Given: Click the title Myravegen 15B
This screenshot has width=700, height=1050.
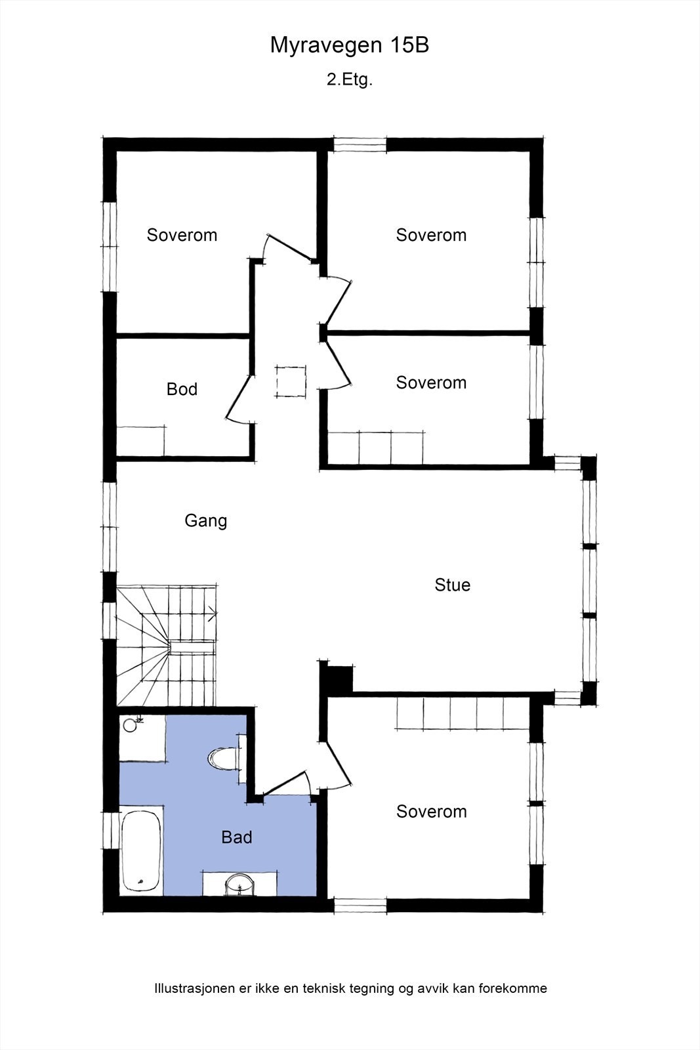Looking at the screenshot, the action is coord(350,45).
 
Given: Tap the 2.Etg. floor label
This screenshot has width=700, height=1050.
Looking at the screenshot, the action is coord(350,79).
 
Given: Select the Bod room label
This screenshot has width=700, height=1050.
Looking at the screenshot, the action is coord(182,389).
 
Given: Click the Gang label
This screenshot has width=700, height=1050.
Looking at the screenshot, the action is coord(206,521).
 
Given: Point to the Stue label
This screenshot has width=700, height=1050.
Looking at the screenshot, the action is coord(452,585).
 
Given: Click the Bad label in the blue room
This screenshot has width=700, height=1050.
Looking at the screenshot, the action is coord(237,837).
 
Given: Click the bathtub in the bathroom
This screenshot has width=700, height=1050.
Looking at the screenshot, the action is coord(141,852).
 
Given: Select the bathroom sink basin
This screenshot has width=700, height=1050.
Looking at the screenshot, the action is coord(240,885).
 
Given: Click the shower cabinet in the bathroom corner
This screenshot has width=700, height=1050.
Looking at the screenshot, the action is coord(142,738).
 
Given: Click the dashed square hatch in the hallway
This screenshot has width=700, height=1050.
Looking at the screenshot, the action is coord(291,381).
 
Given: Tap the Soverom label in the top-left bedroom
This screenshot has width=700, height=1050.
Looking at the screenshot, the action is coord(182,235).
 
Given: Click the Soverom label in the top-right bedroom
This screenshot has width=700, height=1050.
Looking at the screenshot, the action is coord(431,235).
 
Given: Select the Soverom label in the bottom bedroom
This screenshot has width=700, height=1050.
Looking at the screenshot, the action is coord(432,811).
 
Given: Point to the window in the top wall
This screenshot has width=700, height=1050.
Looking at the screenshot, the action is coord(360,144).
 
